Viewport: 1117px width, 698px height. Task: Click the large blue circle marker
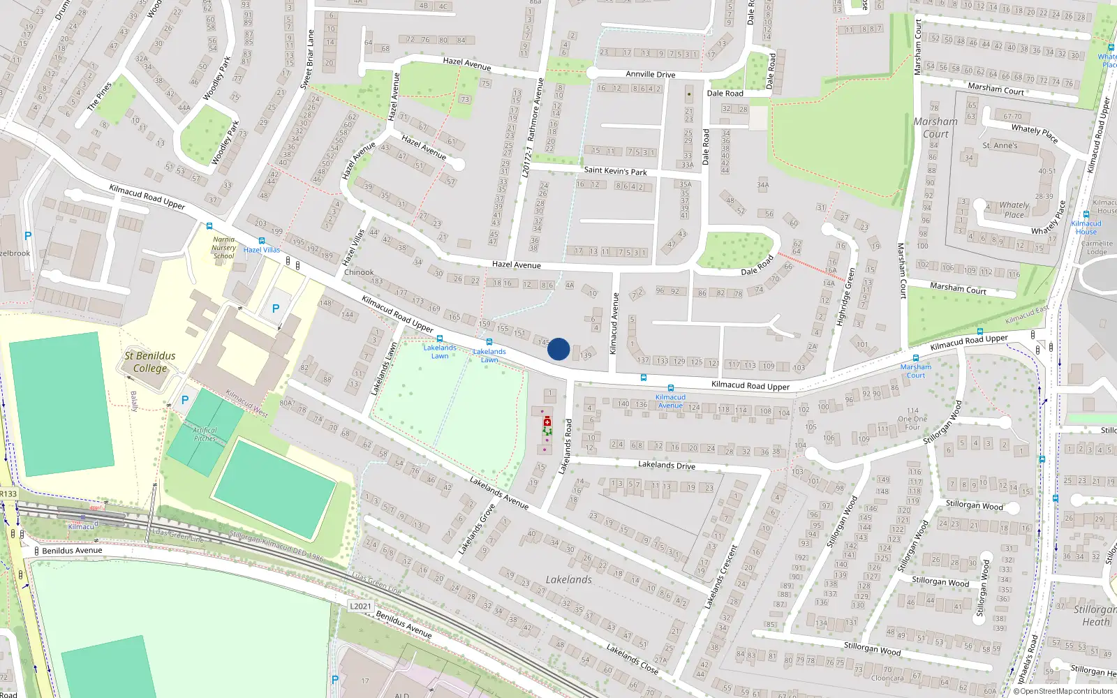click(x=558, y=349)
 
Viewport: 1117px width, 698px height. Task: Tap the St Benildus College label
click(x=150, y=362)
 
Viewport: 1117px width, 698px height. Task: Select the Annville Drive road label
click(x=650, y=74)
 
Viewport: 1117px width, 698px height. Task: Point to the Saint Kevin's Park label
click(x=615, y=170)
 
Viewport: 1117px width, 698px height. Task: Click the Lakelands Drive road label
click(x=667, y=465)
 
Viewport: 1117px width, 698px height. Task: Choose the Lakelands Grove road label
click(x=477, y=530)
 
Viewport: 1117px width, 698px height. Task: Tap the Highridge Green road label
click(x=846, y=297)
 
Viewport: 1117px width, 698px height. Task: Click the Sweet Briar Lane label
click(x=307, y=59)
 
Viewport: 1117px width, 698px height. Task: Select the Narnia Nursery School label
click(x=223, y=248)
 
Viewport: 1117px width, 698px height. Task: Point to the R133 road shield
click(x=8, y=493)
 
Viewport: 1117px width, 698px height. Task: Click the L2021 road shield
click(x=360, y=606)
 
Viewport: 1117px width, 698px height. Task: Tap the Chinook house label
click(x=359, y=272)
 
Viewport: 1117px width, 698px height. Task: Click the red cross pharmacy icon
click(x=547, y=422)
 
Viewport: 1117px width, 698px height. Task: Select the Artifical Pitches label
click(x=205, y=434)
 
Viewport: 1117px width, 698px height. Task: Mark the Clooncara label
click(x=887, y=678)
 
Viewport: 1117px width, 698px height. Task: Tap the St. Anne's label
click(x=1000, y=146)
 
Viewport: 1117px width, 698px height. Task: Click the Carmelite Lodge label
click(x=1097, y=248)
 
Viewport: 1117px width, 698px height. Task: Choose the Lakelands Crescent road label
click(x=721, y=577)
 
